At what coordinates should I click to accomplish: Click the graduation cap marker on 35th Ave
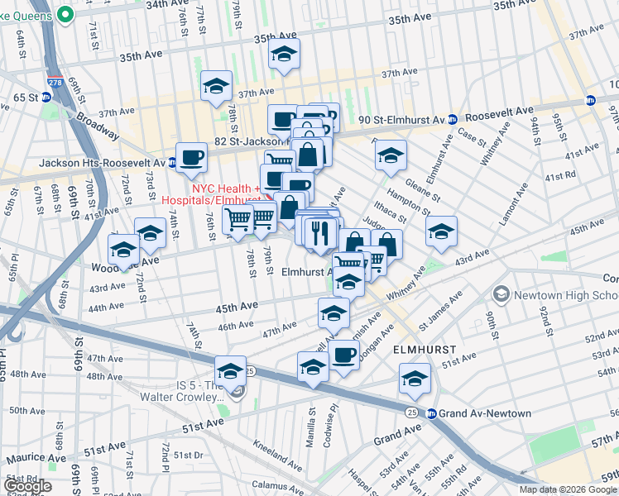[x=284, y=55]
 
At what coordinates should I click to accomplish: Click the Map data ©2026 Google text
[x=568, y=489]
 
